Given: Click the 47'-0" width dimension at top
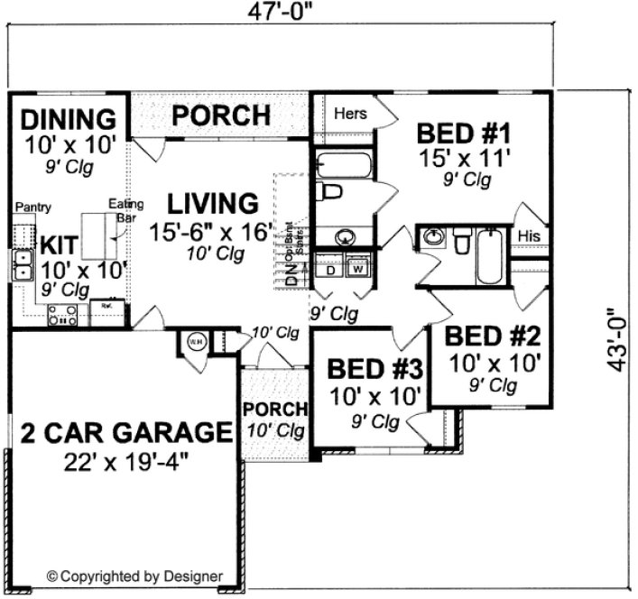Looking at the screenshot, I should tap(284, 13).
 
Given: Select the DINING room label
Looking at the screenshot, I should tap(69, 119).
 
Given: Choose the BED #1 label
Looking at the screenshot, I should tap(464, 134).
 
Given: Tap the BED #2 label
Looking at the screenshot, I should tap(494, 338).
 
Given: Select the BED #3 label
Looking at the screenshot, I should tap(374, 369).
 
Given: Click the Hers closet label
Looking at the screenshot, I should tap(350, 115).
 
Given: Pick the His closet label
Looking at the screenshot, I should tap(530, 235).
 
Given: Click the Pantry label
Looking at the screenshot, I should tap(33, 207).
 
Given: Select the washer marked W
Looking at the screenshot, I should tap(357, 269).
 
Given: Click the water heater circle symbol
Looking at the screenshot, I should tap(196, 343).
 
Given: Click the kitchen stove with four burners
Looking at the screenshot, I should tap(62, 315).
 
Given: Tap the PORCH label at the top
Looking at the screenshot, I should tap(221, 115).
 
